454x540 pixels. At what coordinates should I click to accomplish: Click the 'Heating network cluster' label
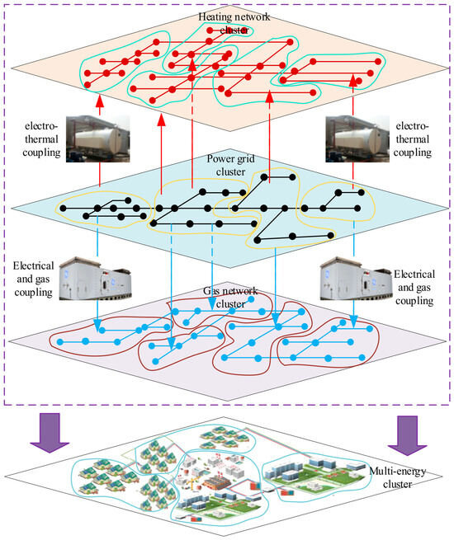[234, 23]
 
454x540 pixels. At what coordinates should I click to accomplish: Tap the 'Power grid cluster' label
[230, 165]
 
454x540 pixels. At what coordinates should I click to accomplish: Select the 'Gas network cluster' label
[230, 298]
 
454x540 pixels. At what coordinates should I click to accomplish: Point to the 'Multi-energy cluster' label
[398, 477]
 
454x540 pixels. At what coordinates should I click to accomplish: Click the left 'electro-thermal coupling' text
[41, 139]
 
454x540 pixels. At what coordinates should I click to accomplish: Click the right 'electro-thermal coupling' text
[412, 139]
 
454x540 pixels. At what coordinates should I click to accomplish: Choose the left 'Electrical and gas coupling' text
[34, 279]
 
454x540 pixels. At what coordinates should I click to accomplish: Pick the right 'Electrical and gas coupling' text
[414, 288]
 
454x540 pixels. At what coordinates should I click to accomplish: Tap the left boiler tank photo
[98, 139]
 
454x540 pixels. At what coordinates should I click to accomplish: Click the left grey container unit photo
[95, 279]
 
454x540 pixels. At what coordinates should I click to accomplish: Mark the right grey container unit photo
[356, 279]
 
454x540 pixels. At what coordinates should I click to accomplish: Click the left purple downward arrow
[50, 433]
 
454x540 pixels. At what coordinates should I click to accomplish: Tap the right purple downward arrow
[407, 435]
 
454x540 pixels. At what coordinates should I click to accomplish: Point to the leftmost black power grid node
[63, 209]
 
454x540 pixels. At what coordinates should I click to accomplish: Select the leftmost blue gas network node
[60, 342]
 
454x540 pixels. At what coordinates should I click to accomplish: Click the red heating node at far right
[378, 62]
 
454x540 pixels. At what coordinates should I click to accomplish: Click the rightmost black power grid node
[362, 193]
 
